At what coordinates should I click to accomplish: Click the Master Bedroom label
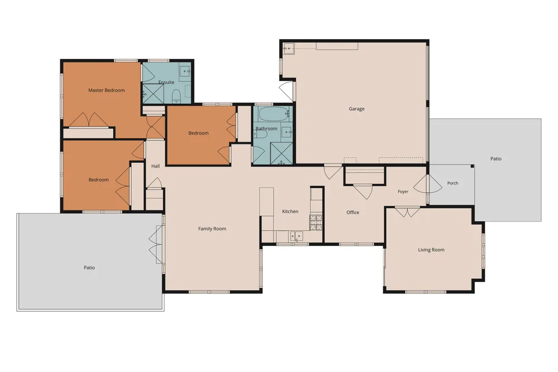107,90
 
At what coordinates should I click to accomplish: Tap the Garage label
357,109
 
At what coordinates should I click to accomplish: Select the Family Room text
212,229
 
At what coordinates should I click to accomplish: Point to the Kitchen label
290,211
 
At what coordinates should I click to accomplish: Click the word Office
353,212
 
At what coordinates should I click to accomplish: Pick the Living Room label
431,250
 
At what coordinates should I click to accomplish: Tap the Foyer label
403,192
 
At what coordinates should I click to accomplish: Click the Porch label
453,183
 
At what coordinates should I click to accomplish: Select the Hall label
156,166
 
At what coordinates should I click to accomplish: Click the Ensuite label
166,82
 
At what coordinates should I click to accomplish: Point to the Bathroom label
266,129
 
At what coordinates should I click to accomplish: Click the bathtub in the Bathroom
273,114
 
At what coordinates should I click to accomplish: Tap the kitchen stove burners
316,223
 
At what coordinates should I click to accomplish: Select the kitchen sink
296,236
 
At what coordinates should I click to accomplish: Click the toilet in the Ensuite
176,96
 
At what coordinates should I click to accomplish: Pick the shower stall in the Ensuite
153,94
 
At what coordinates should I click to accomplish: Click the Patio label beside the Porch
496,158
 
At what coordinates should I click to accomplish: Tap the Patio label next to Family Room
89,268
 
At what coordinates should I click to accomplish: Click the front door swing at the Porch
429,183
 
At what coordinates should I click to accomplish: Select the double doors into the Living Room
407,212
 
